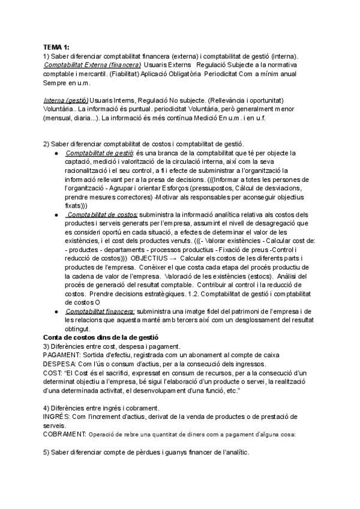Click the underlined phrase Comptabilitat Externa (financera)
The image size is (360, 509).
92,64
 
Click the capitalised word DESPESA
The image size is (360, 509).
60,364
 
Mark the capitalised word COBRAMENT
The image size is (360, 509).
65,434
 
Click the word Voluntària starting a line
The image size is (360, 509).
59,109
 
